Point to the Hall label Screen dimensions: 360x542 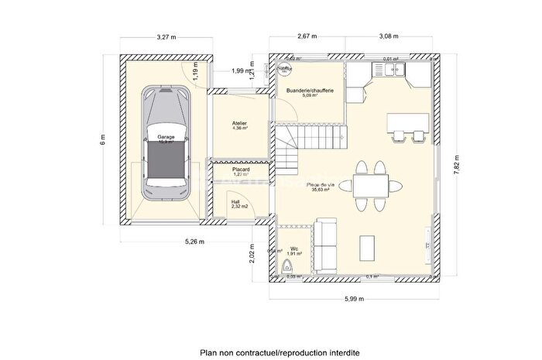coord(235,203)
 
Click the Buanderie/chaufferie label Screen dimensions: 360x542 coord(310,91)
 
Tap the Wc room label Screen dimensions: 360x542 coord(293,250)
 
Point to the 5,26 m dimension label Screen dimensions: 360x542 coord(194,242)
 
